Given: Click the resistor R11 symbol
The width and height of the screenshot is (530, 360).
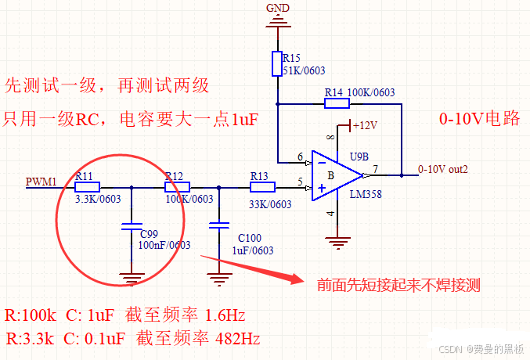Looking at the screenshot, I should coord(87,187).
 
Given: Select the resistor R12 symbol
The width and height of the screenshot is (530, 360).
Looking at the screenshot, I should coord(177,187).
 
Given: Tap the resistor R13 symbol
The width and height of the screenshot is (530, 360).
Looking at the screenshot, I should coord(262,187).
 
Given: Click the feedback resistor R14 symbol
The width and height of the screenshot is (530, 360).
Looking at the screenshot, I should coord(337,103).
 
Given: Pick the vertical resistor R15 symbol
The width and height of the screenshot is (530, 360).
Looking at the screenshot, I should coord(277,63).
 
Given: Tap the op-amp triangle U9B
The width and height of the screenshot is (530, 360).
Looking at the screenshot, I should coord(333,175).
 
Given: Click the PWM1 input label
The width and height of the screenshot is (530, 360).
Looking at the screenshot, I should coord(41,182).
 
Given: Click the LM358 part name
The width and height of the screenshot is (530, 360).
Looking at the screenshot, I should coord(365,194).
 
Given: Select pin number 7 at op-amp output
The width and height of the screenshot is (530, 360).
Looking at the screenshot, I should coord(376,168).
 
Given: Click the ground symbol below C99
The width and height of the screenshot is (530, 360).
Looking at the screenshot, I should coord(131,275).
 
